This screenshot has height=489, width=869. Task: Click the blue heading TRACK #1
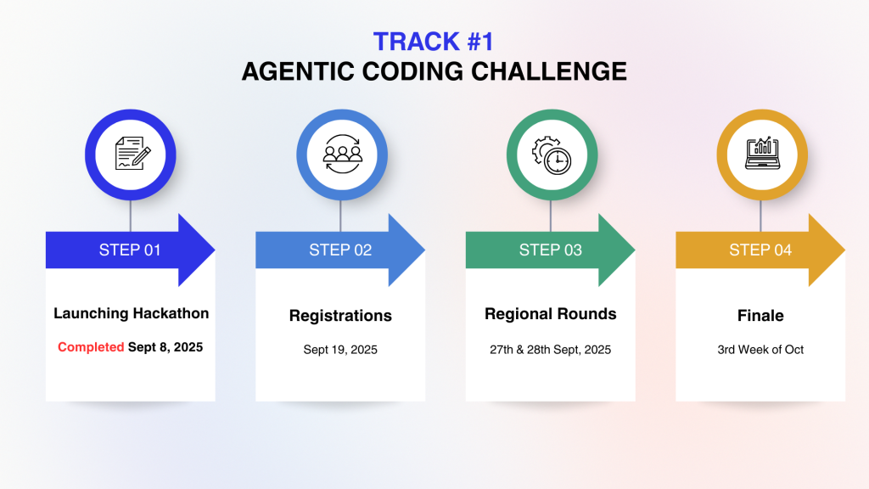tap(434, 42)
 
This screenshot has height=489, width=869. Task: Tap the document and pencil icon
tap(132, 153)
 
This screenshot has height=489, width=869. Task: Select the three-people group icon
tap(343, 155)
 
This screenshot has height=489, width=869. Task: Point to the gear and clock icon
tap(552, 155)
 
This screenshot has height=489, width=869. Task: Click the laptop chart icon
tap(762, 153)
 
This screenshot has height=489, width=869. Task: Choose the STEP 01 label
tap(130, 250)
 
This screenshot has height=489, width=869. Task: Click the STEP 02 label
tap(340, 250)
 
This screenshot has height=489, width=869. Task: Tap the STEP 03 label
tap(550, 250)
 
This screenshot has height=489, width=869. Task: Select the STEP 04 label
tap(760, 250)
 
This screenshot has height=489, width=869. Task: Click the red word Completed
tap(91, 347)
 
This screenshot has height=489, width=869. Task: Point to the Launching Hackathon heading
tap(132, 313)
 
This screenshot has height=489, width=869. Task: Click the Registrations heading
tap(340, 316)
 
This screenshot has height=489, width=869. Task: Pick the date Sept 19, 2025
tap(340, 350)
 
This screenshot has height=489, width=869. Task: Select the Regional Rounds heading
tap(550, 314)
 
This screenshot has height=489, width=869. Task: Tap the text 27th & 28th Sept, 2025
tap(550, 350)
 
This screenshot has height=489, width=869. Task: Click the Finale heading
tap(760, 316)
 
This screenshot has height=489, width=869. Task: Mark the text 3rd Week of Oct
tap(760, 350)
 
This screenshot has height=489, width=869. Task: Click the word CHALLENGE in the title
tap(549, 71)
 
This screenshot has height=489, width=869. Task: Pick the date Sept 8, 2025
tap(165, 347)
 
